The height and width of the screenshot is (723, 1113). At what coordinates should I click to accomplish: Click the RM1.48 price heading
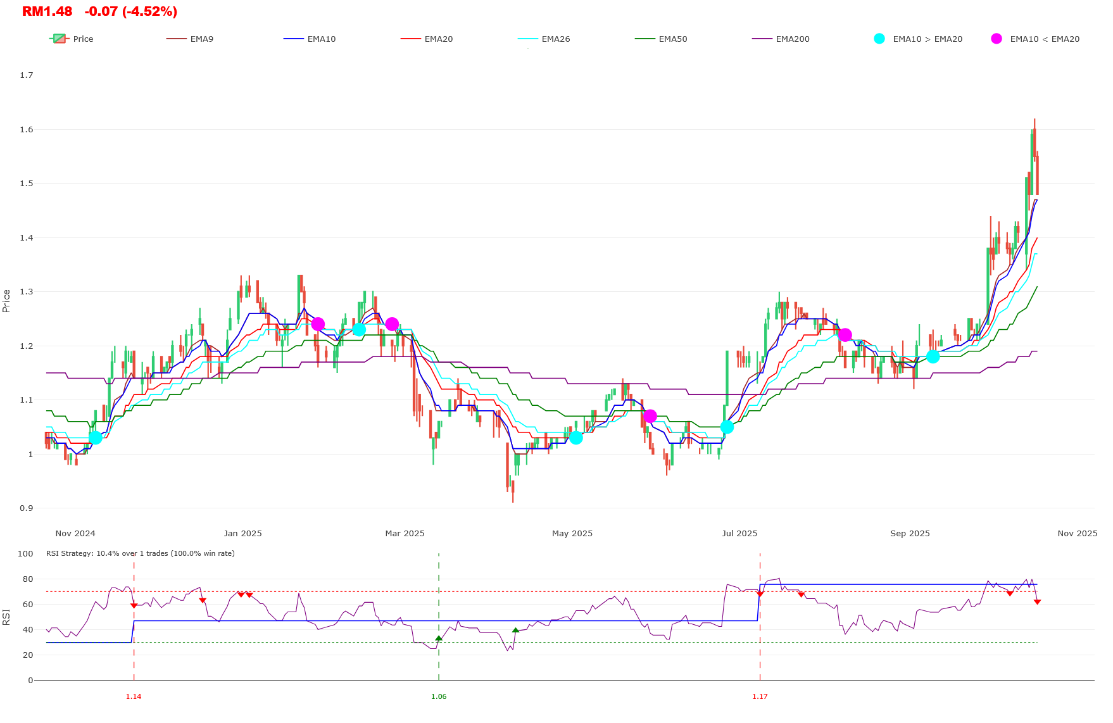tap(47, 11)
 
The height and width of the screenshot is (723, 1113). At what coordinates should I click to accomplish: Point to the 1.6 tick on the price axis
tap(27, 130)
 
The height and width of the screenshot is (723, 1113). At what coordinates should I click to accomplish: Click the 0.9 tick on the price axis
tap(27, 508)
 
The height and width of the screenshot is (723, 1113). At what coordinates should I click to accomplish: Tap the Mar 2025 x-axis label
tap(405, 534)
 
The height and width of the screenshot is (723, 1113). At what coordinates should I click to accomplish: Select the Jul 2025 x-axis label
tap(739, 534)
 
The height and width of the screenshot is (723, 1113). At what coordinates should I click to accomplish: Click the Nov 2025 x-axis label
tap(1077, 534)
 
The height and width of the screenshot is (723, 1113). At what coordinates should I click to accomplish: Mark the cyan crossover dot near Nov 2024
tap(95, 437)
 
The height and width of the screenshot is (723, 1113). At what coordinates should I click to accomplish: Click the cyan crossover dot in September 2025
tap(933, 356)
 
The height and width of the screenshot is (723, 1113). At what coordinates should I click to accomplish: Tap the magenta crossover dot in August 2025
tap(845, 335)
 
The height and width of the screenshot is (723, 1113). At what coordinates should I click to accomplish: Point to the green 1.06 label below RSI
tap(439, 697)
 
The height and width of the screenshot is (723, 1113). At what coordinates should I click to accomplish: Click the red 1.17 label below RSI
tap(760, 697)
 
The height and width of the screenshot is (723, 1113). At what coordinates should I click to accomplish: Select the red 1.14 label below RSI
tap(134, 697)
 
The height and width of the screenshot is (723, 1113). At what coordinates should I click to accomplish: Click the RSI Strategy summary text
tap(140, 554)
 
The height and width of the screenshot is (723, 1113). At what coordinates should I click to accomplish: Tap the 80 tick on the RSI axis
tap(27, 579)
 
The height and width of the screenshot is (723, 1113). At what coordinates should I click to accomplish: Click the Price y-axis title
tap(6, 301)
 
